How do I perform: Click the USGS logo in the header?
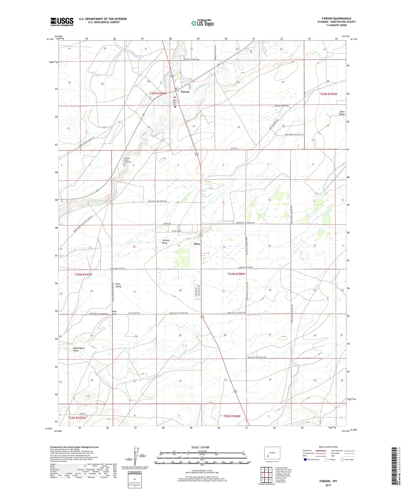coord(62,22)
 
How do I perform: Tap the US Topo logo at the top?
coord(202,23)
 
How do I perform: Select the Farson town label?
coord(185,92)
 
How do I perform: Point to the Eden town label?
coord(197,244)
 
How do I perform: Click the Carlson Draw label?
coord(166,242)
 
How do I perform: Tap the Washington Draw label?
coord(79,349)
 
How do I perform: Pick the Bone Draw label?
coord(114,313)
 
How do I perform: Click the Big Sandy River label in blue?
coord(95,201)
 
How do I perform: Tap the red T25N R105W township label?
coord(328,94)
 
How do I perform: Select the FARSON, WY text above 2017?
coord(328,481)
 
